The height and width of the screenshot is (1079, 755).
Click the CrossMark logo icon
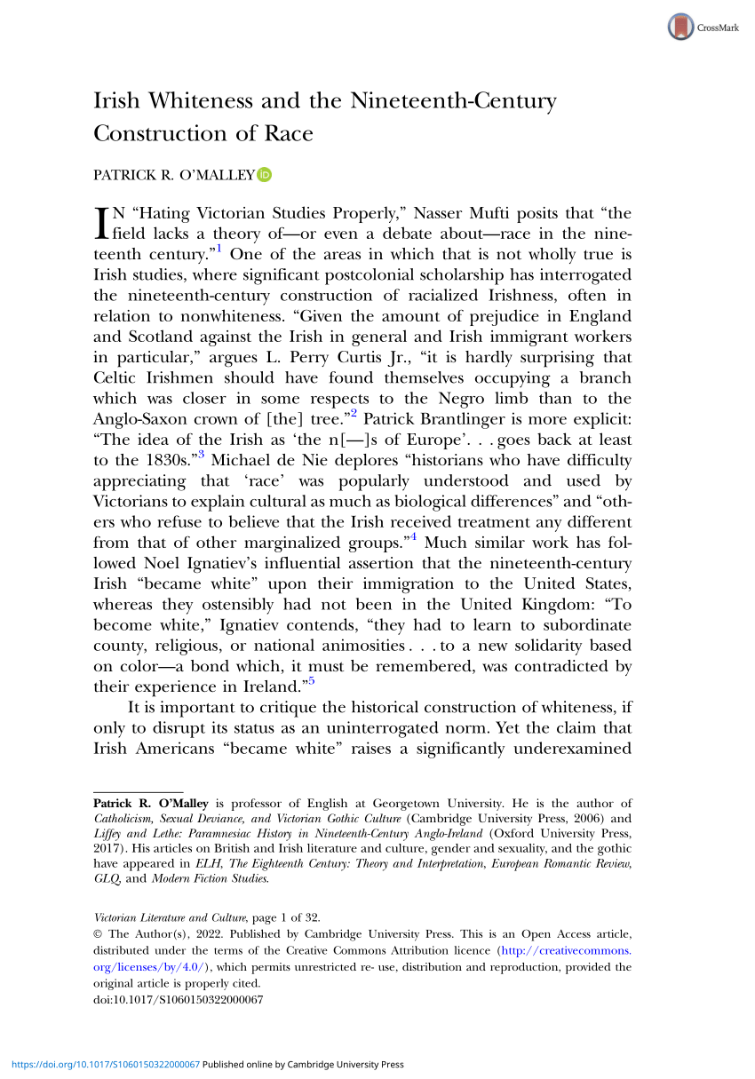(679, 28)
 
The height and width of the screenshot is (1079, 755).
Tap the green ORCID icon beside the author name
(264, 175)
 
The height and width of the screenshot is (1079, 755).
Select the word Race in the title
(290, 134)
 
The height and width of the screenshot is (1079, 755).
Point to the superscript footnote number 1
(219, 249)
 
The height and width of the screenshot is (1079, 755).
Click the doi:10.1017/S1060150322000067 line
(179, 998)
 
